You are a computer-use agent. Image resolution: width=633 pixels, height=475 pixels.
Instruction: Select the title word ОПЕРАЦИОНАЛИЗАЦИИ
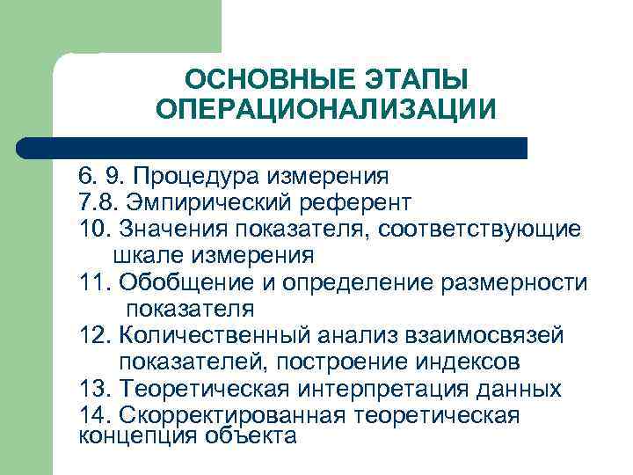[x=325, y=110]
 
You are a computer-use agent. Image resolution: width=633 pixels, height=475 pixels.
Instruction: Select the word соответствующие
[x=474, y=230]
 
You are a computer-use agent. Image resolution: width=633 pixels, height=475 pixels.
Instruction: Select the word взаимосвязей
[x=474, y=335]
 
